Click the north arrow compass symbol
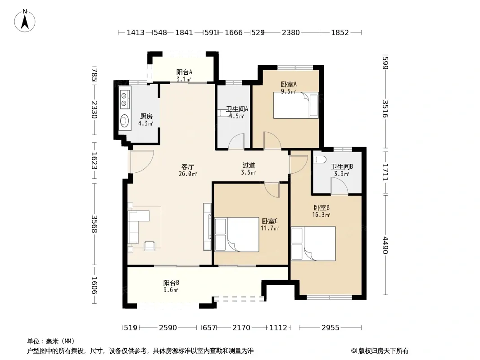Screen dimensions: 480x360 25,21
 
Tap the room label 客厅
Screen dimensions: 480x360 187,166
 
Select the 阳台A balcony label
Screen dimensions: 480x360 184,72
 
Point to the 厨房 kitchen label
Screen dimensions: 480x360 146,116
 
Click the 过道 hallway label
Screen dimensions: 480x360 249,166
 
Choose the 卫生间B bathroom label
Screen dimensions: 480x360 342,166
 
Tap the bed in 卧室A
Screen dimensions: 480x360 296,105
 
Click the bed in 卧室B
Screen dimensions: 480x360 313,243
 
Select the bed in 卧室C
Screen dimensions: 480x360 237,234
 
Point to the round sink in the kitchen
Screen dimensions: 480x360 124,121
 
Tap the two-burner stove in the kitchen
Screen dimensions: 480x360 124,99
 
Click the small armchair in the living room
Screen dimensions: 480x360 149,246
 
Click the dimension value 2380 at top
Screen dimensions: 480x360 291,32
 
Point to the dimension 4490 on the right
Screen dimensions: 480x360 385,245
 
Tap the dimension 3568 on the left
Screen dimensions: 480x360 94,224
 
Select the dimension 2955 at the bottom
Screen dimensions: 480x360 331,328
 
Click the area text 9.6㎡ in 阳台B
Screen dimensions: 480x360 171,290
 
